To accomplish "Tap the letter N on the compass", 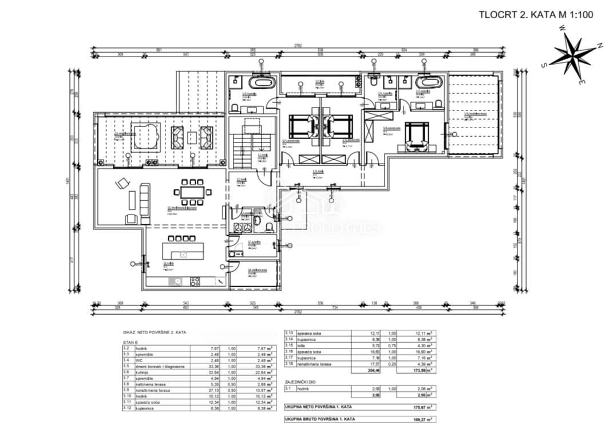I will click(x=599, y=45).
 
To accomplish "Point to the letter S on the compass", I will click(x=544, y=65).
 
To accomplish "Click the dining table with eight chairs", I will click(x=192, y=193).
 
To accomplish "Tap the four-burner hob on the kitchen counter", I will click(x=195, y=281).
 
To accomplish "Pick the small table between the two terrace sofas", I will click(x=192, y=137).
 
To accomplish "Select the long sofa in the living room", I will click(x=144, y=204).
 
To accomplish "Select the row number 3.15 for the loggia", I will click(x=290, y=346).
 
